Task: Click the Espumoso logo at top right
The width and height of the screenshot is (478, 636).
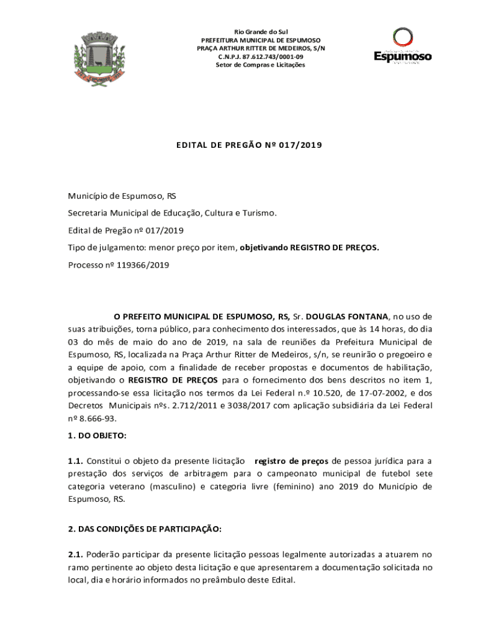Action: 402,47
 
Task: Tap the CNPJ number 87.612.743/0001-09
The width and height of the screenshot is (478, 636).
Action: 261,57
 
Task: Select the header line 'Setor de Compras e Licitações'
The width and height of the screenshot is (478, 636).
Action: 261,65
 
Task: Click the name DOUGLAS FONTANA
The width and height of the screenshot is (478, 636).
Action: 347,316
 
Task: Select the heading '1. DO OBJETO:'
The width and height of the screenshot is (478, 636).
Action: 97,435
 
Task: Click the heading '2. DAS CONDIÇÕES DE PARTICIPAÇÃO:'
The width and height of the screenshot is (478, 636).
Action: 145,529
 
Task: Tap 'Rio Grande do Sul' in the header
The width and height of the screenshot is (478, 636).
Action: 261,32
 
